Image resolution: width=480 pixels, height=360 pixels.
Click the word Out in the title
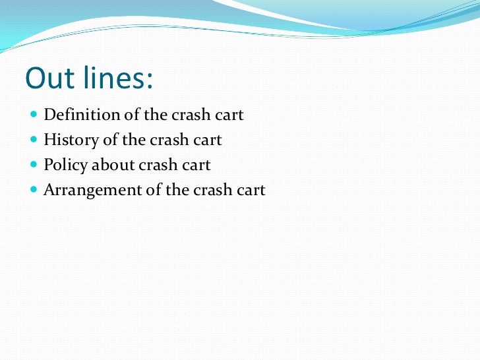click(x=48, y=78)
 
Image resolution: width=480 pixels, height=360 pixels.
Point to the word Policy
click(x=65, y=165)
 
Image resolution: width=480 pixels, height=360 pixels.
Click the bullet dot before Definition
click(x=34, y=115)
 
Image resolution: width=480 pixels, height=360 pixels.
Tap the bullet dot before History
click(x=34, y=140)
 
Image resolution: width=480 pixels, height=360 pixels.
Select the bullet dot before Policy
click(x=34, y=165)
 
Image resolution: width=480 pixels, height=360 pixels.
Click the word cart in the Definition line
click(x=229, y=115)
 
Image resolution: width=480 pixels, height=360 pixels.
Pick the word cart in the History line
click(x=207, y=140)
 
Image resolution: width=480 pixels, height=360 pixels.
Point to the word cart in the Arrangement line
click(x=251, y=191)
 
